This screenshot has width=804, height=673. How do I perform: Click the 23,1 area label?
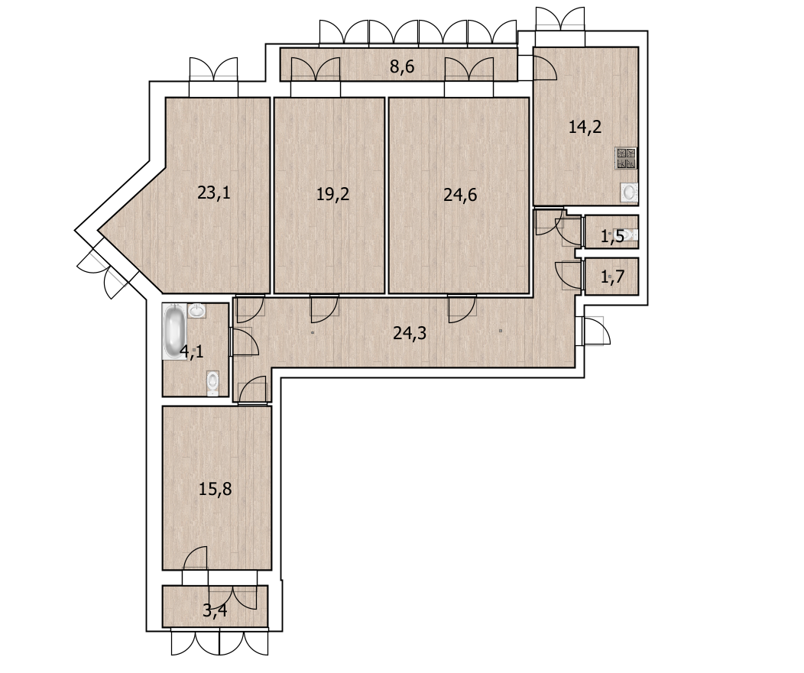214,193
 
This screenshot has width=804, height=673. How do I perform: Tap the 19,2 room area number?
332,194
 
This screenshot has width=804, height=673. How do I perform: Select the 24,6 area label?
460,195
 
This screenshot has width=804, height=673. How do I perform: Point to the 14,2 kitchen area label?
585,127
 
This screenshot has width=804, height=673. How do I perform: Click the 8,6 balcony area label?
402,66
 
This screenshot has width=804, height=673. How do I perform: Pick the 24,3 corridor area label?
410,334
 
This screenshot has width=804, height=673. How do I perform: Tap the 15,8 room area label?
216,489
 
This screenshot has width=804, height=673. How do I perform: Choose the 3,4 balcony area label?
216,611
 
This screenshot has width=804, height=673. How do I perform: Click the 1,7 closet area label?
612,277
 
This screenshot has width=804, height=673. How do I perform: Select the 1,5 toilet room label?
612,236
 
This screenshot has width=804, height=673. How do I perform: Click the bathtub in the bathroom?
173,331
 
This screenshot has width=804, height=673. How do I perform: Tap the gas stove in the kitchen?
626,158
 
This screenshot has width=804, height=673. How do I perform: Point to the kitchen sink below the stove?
629,193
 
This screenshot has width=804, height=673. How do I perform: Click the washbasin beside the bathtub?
197,311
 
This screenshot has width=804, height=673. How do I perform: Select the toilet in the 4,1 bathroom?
212,383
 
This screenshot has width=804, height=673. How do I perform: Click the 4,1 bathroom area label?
192,352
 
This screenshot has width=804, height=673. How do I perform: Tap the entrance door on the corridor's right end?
593,331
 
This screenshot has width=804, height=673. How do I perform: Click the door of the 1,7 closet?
569,276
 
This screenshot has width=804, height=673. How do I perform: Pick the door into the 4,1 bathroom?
245,342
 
